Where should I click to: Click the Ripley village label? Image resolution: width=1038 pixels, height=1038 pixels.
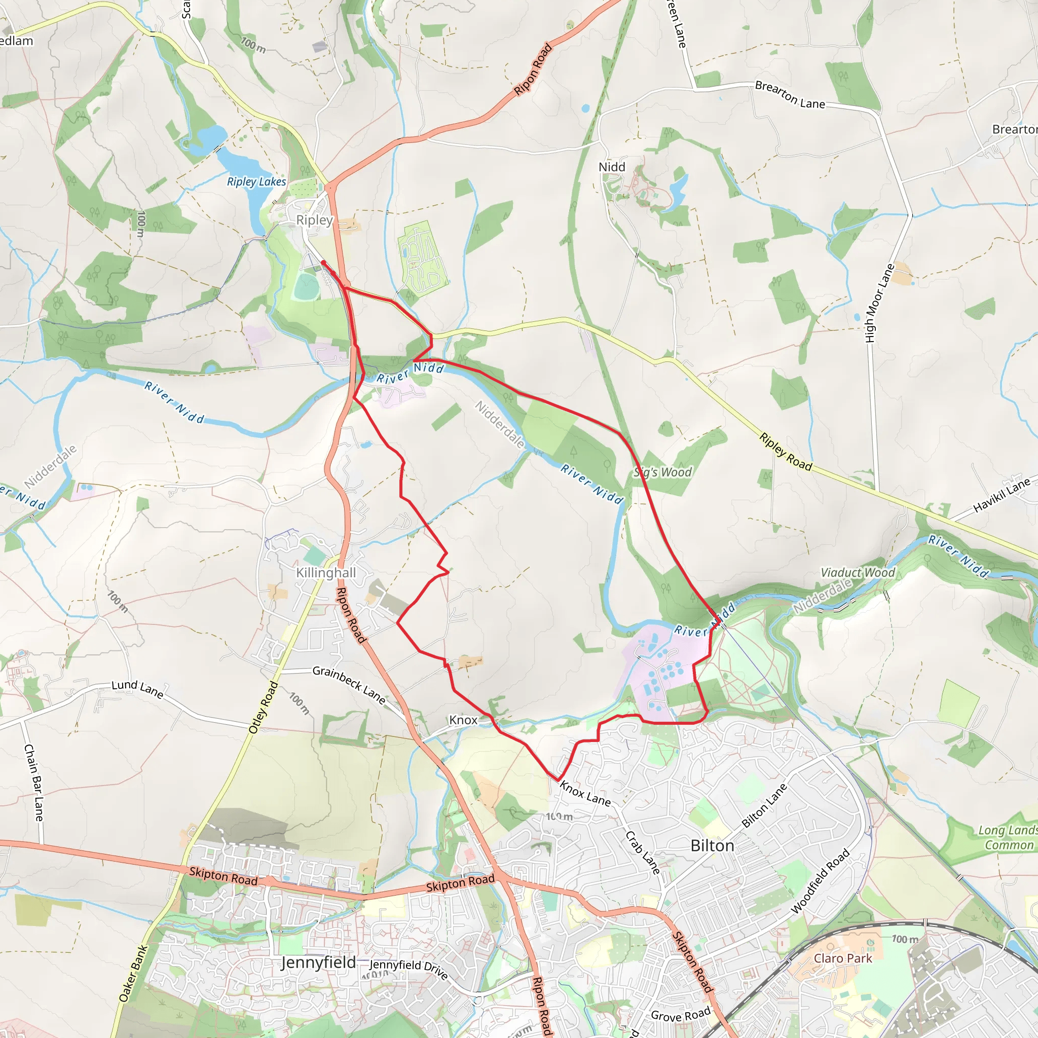314,220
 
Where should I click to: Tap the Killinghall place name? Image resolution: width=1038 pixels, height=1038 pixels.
325,573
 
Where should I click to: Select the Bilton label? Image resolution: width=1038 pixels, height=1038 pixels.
712,846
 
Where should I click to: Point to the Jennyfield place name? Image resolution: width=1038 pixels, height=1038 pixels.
318,962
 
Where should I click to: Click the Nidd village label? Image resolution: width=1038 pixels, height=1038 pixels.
612,167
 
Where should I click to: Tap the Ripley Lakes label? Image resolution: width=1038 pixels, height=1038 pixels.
256,181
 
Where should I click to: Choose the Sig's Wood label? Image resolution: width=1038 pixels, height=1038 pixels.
662,472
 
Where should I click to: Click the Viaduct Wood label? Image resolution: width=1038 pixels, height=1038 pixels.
858,573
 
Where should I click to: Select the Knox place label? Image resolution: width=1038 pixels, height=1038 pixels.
463,720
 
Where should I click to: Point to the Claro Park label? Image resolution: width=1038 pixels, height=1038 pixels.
843,958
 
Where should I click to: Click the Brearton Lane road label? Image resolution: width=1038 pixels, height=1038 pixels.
789,95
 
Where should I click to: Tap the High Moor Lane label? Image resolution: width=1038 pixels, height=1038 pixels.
879,303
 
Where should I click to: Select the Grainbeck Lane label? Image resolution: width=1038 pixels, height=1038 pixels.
349,685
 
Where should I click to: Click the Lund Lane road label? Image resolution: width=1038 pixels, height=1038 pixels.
137,688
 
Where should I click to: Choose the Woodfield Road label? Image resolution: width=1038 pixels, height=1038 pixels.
820,881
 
